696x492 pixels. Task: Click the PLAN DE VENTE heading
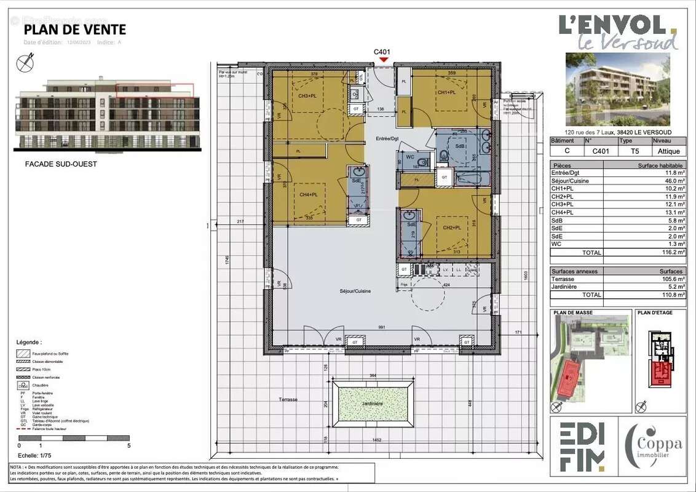pos(74,30)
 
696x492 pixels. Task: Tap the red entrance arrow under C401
pos(384,60)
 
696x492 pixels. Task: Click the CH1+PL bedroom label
pos(446,92)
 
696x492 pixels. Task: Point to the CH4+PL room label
pos(308,194)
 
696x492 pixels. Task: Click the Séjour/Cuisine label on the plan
pos(355,291)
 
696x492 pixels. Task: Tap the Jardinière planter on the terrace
pos(371,403)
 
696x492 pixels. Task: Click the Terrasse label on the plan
pos(287,399)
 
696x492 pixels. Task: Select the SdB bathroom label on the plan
pos(459,146)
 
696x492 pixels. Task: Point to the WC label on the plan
pos(410,157)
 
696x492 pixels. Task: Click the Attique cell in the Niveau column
pos(669,151)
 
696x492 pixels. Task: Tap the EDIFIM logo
pos(582,446)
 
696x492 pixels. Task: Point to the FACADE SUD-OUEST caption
pos(61,164)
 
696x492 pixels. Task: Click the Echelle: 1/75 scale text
pos(35,456)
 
